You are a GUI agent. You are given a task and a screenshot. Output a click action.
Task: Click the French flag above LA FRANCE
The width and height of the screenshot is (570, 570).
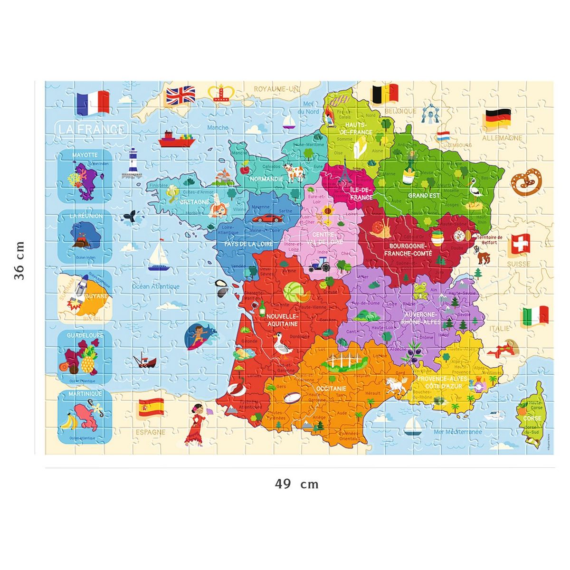tap(93, 103)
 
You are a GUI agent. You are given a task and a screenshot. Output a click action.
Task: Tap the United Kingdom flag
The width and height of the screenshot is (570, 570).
tap(180, 95)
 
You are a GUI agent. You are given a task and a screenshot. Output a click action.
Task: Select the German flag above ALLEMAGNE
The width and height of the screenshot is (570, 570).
tap(497, 118)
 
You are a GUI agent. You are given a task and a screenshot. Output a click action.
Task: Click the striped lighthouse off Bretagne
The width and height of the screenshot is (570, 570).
tap(132, 162)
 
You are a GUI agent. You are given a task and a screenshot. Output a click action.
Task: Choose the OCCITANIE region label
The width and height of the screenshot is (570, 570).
tap(331, 388)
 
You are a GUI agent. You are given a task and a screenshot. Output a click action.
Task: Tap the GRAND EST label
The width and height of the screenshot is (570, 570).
tap(424, 195)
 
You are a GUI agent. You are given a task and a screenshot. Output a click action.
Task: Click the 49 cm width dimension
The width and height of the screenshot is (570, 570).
tap(296, 484)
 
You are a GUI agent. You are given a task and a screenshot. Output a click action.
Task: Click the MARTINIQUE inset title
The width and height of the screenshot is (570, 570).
tap(85, 394)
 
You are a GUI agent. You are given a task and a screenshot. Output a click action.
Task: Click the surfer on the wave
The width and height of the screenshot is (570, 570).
tap(198, 335)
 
